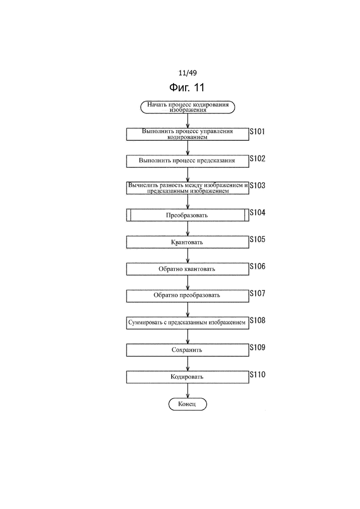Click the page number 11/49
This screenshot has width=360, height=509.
188,73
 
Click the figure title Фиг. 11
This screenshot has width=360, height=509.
187,87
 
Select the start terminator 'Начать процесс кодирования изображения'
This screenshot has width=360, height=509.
188,107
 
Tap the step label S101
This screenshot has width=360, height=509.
257,132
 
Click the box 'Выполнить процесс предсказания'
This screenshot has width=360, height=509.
188,161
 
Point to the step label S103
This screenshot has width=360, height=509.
258,186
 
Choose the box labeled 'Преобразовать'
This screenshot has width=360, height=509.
188,215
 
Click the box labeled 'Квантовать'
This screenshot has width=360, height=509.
188,242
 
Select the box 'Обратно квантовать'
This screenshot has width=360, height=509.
188,269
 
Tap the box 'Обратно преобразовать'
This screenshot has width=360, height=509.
188,296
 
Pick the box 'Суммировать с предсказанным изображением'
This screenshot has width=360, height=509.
188,323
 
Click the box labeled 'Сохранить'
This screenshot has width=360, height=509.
188,350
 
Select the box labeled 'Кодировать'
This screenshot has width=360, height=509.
188,377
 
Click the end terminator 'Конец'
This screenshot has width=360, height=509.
188,404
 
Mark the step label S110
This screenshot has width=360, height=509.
258,375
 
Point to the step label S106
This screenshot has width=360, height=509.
258,267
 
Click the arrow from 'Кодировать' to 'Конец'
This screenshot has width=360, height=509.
188,390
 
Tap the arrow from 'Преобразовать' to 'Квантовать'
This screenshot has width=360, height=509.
188,228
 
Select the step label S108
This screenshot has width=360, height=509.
258,320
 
